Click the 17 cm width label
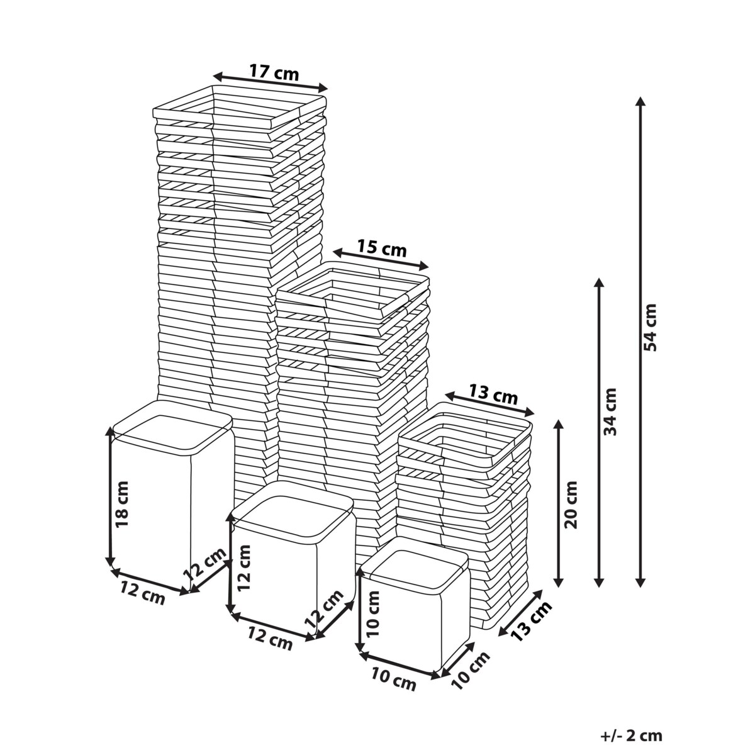274,72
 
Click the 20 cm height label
571,505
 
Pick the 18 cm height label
122,504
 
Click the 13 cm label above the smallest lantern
493,395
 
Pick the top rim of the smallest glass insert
414,561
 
